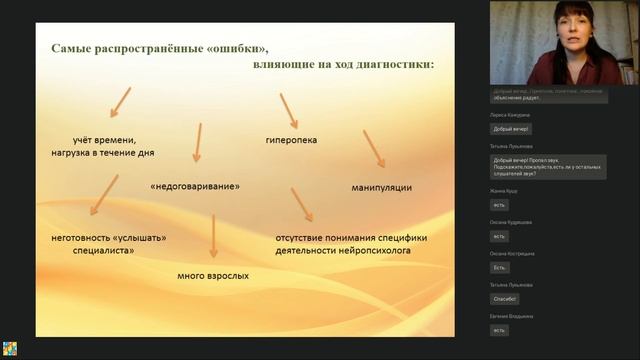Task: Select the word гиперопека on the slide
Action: pos(291,140)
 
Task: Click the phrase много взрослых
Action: pos(213,275)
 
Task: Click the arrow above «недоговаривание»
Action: pos(197,141)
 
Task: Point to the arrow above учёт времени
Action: pos(117,101)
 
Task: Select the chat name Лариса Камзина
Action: pos(509,117)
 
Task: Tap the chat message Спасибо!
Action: pos(505,298)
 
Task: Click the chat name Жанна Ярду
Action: pos(505,190)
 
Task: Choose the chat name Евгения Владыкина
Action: pos(512,316)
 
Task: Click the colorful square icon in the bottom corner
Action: pos(9,349)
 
